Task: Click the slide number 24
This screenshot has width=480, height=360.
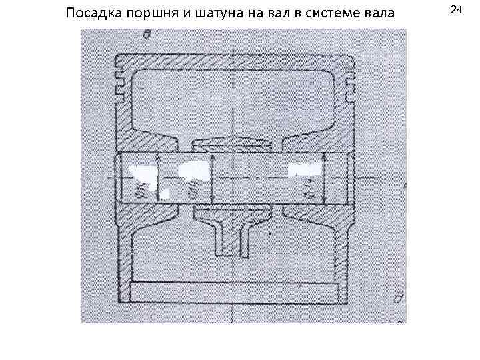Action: pyautogui.click(x=457, y=9)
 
